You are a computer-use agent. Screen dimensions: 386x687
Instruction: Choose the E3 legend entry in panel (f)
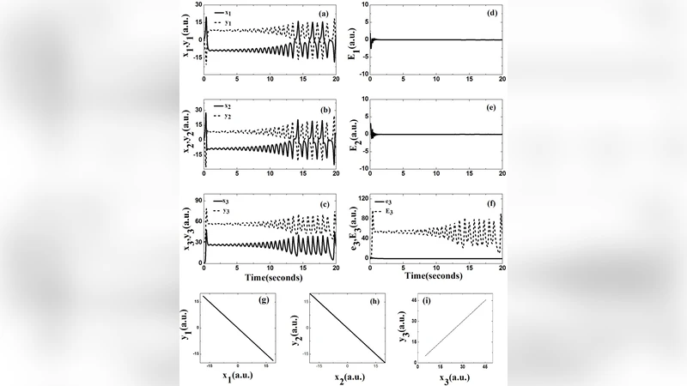pyautogui.click(x=392, y=211)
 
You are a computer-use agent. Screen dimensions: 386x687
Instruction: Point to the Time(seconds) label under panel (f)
pyautogui.click(x=435, y=278)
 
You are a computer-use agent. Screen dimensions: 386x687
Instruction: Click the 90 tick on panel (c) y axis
pyautogui.click(x=195, y=199)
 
